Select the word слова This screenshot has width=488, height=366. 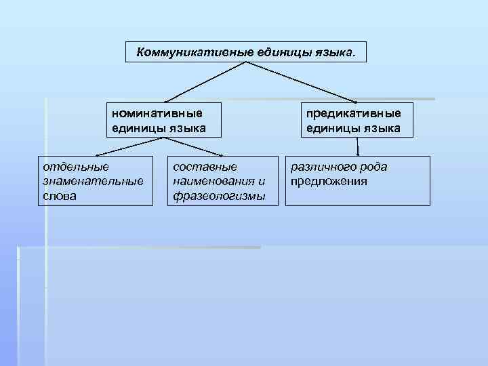pos(60,196)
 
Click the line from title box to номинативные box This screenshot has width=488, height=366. pos(207,81)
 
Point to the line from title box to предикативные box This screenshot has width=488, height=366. pos(301,81)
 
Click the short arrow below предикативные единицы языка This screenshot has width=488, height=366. pos(358,146)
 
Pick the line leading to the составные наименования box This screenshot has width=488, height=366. pos(192,146)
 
